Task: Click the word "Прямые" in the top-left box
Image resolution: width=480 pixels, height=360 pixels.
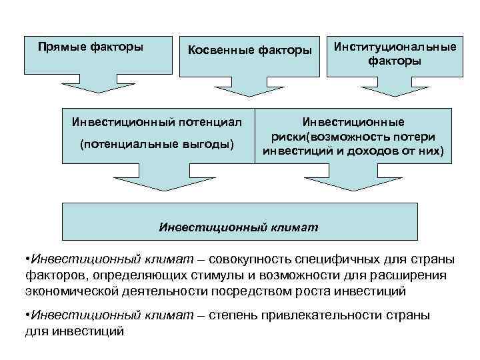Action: pyautogui.click(x=61, y=47)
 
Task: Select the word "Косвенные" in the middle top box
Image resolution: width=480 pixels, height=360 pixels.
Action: pyautogui.click(x=216, y=50)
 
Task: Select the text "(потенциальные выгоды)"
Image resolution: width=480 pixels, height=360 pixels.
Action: pyautogui.click(x=157, y=145)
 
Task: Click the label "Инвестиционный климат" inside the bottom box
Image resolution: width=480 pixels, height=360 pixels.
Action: pyautogui.click(x=239, y=227)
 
